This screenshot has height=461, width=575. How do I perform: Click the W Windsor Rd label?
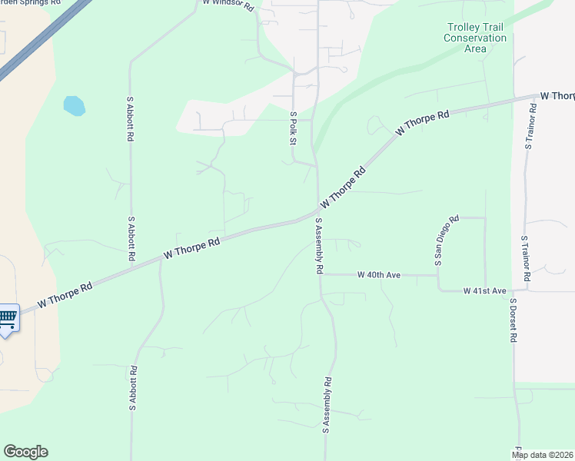point(228,4)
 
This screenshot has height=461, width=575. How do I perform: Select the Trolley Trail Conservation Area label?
point(476,38)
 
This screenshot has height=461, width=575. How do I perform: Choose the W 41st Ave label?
point(484,291)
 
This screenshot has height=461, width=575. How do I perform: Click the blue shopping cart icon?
point(8,317)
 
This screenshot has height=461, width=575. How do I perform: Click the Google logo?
point(25,452)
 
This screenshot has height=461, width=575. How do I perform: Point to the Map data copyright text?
point(543,455)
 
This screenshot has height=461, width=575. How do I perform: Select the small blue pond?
point(74,105)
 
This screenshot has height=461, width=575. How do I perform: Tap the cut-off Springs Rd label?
point(31,3)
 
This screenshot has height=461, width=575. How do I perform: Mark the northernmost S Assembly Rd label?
point(317,246)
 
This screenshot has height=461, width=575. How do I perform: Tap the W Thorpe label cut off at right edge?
point(557,96)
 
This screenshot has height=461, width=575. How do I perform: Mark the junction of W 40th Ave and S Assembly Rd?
point(321,274)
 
